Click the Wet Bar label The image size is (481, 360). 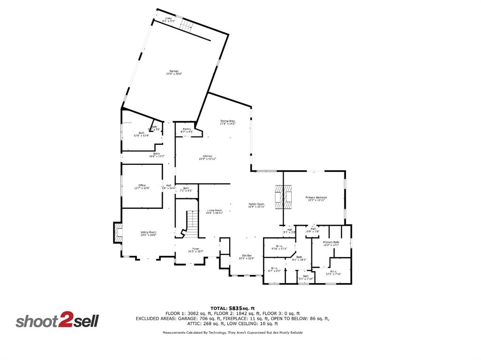tap(247, 257)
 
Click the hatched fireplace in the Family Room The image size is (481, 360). tap(284, 197)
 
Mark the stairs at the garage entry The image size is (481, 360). tap(187, 26)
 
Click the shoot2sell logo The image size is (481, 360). tap(57, 321)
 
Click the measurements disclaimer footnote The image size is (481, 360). tap(233, 332)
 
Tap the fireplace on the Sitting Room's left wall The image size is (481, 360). tap(117, 232)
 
